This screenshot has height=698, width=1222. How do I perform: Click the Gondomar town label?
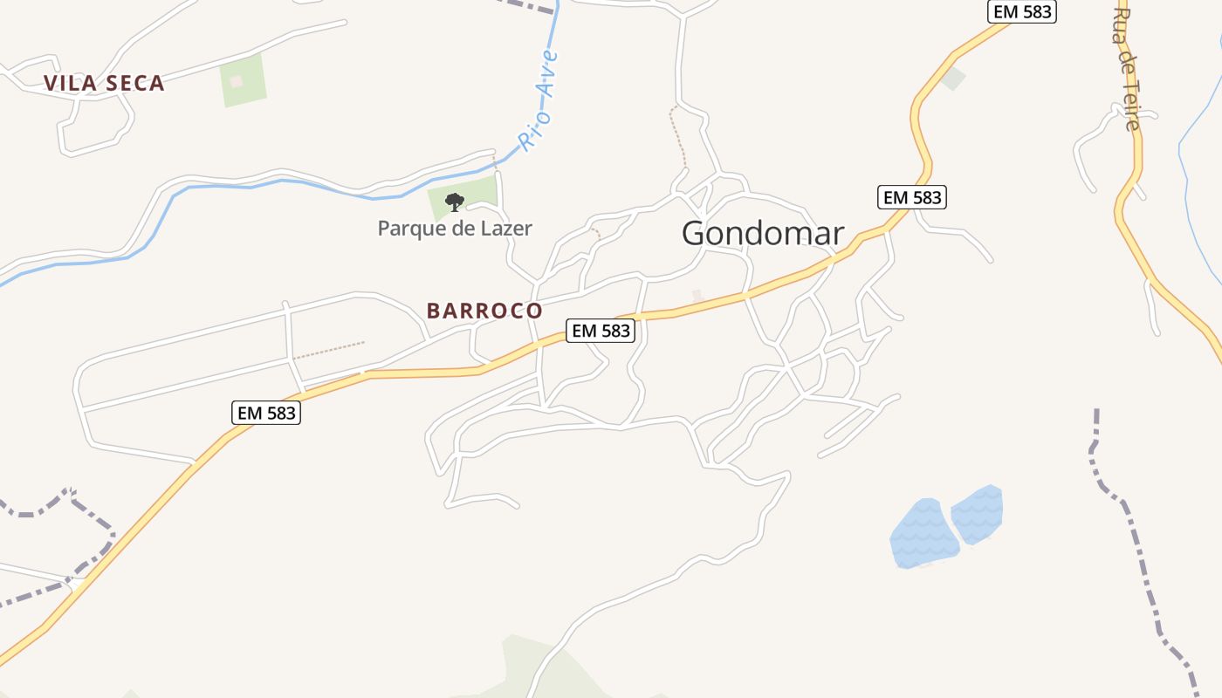point(762,233)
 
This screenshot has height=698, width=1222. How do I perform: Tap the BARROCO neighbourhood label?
point(484,311)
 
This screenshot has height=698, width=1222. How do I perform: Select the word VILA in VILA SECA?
point(69,84)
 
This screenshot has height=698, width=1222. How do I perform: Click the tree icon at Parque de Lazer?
point(454,202)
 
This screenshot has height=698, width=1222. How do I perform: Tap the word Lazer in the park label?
point(505,229)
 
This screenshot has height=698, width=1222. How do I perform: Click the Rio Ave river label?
point(538,100)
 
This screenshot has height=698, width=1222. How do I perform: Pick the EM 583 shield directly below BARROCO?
point(601,331)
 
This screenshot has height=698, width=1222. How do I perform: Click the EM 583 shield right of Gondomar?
point(912,197)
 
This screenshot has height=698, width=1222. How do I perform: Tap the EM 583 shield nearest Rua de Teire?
point(1022,11)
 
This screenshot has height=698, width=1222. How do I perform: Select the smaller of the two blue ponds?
point(978,514)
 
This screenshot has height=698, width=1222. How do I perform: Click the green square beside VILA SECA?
point(243,81)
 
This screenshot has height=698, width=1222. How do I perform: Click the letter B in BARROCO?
point(433,311)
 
